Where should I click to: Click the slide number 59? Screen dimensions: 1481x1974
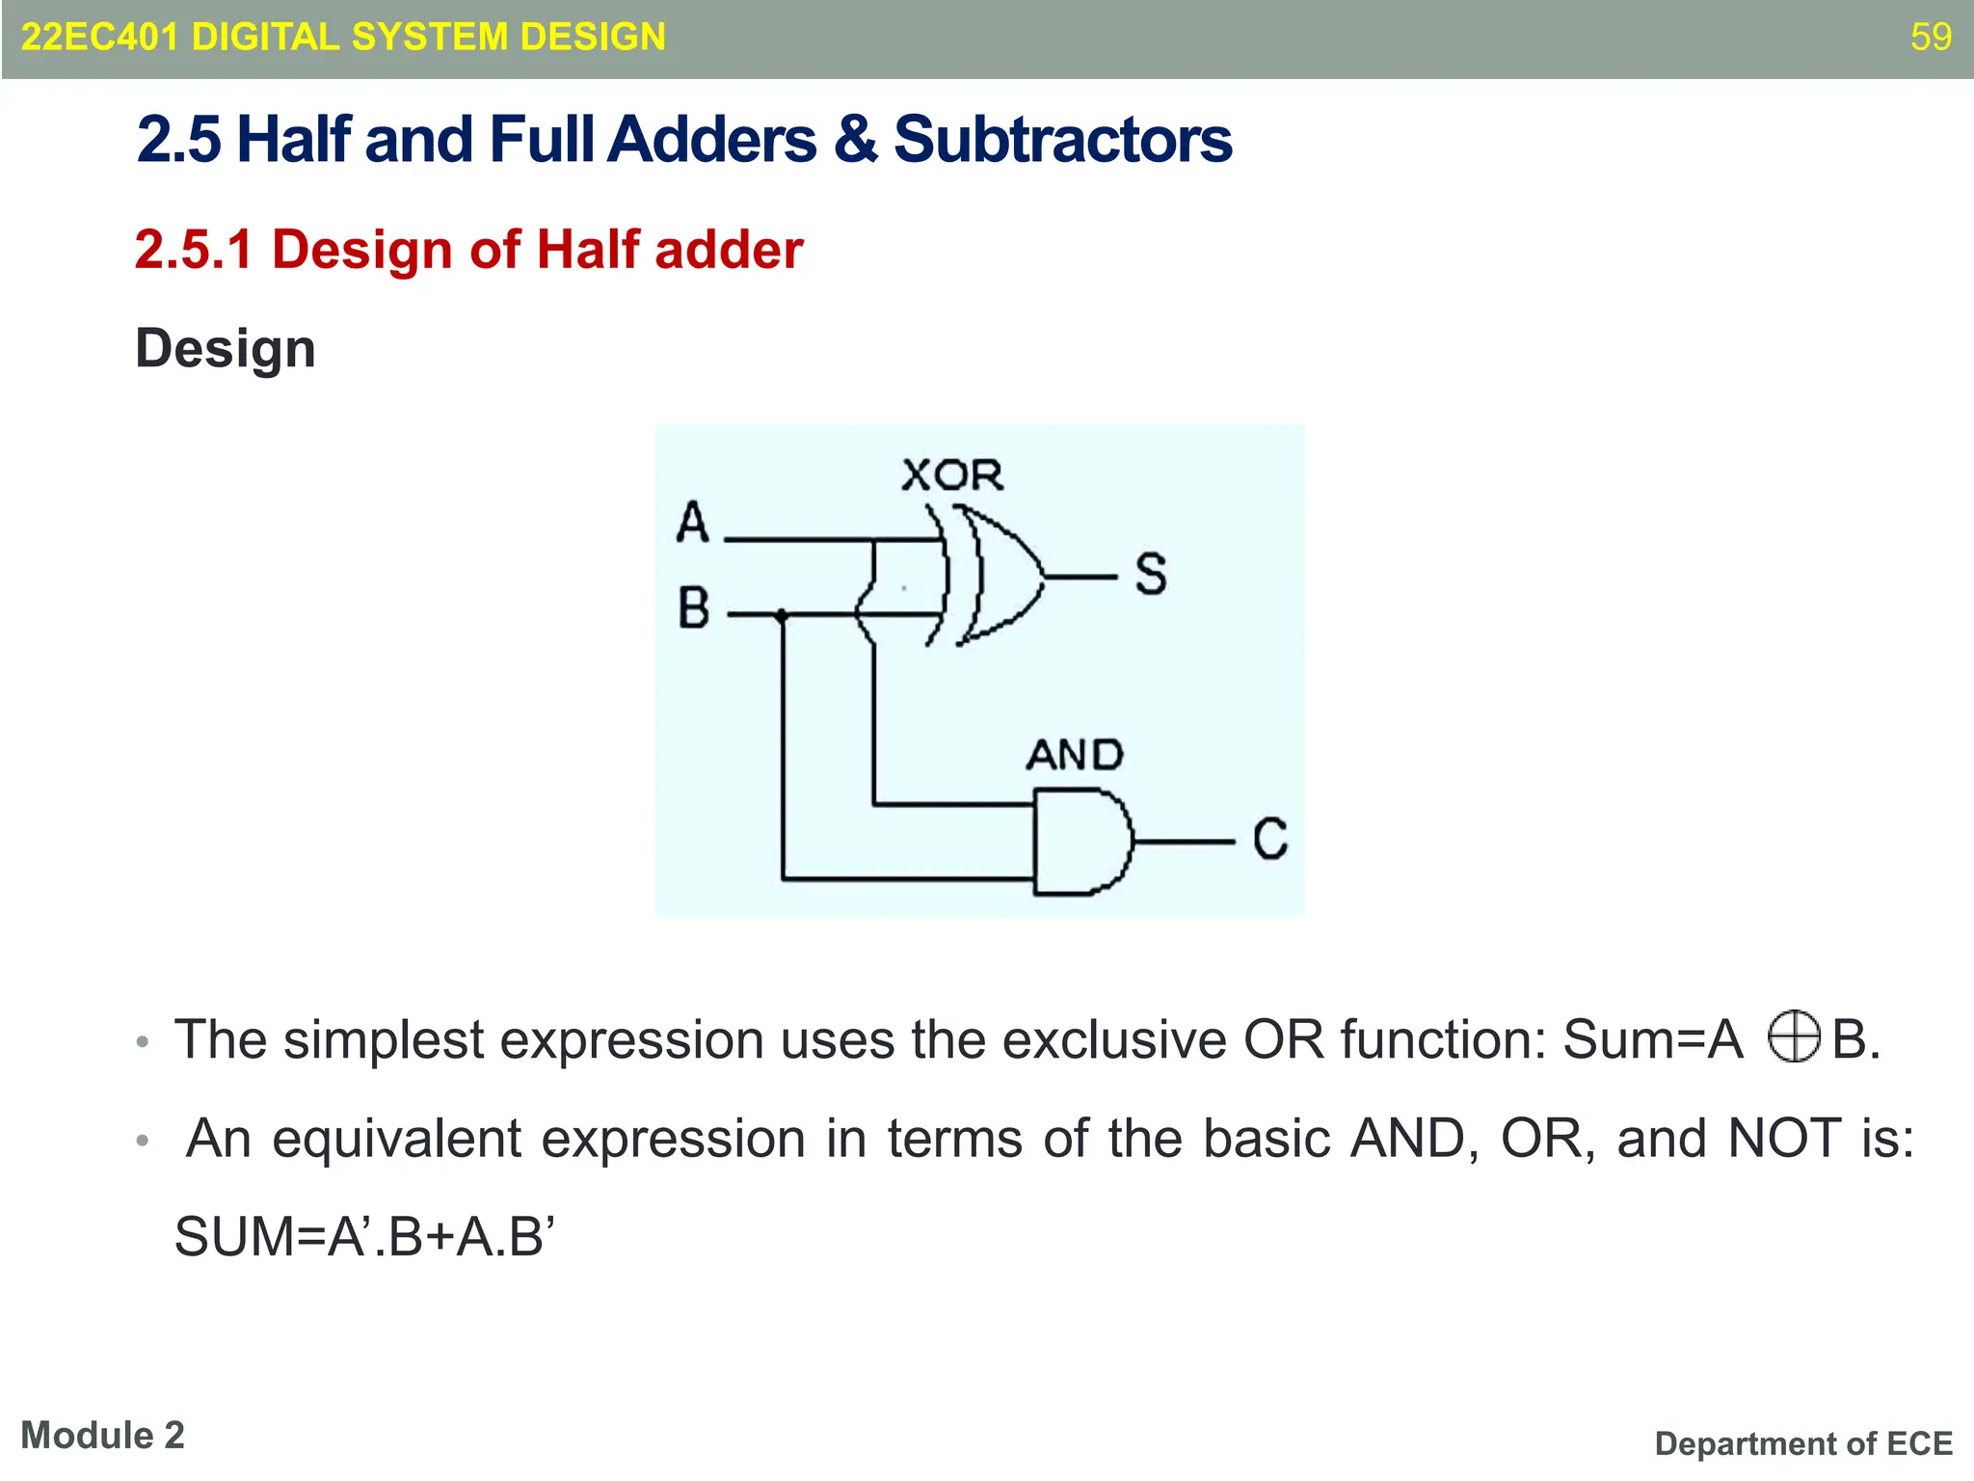1931,37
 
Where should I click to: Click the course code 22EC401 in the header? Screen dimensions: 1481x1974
99,37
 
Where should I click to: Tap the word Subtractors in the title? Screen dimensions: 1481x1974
1062,139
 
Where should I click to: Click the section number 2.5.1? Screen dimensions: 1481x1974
194,250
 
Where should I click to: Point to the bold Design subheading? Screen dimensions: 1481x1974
225,348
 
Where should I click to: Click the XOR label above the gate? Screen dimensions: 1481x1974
952,475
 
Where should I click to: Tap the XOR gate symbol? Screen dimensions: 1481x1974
998,577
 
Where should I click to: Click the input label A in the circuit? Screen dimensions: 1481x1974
692,524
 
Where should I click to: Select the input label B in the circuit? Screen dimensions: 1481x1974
693,609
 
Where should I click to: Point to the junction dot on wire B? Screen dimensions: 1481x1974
782,614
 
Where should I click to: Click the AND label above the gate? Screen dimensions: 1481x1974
1074,755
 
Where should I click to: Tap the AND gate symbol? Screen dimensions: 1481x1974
1080,842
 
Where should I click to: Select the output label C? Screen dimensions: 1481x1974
1269,839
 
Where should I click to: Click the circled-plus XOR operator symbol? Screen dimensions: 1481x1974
1794,1037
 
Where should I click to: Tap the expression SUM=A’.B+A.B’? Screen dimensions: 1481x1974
364,1237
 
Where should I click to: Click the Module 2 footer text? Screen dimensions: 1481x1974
102,1436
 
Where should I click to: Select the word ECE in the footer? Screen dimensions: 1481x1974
1918,1443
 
